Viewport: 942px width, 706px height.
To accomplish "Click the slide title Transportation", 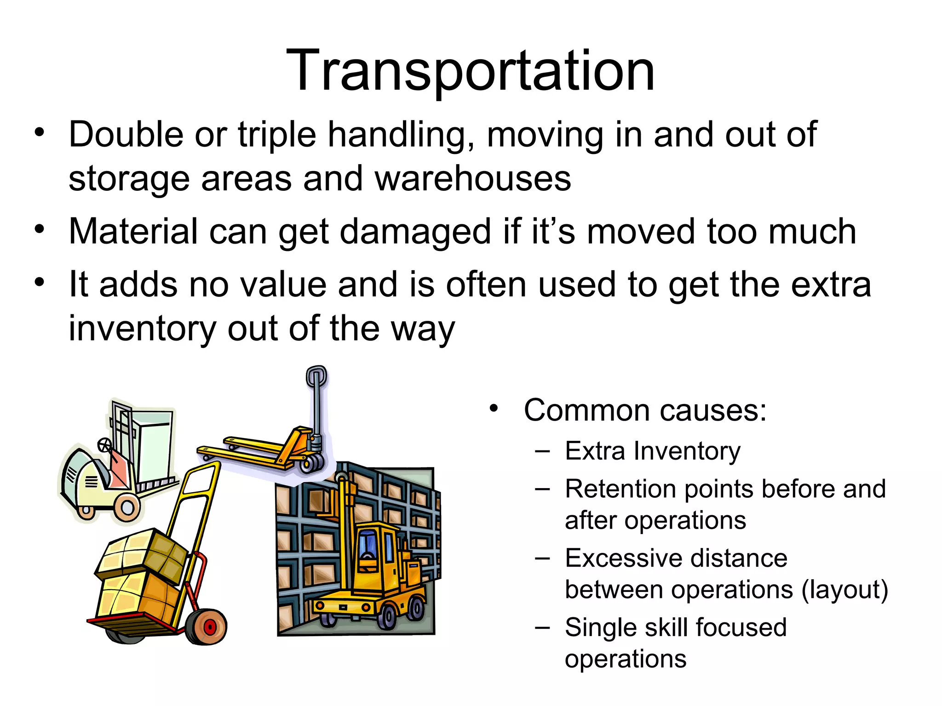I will pyautogui.click(x=470, y=71).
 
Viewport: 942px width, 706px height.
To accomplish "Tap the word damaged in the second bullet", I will pyautogui.click(x=415, y=232).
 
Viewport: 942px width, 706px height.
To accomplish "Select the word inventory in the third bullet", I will pyautogui.click(x=142, y=329).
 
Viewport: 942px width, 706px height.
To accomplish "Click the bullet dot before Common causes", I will pyautogui.click(x=494, y=408).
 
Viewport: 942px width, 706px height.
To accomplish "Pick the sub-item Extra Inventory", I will pyautogui.click(x=652, y=451).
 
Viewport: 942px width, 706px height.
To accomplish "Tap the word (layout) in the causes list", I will pyautogui.click(x=844, y=590).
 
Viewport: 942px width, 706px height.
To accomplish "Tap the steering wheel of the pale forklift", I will pyautogui.click(x=104, y=444).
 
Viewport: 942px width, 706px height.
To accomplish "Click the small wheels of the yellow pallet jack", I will pyautogui.click(x=312, y=463).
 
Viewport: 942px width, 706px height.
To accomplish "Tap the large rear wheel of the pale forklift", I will pyautogui.click(x=127, y=507).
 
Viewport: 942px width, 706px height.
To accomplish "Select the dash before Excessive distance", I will pyautogui.click(x=543, y=558).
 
